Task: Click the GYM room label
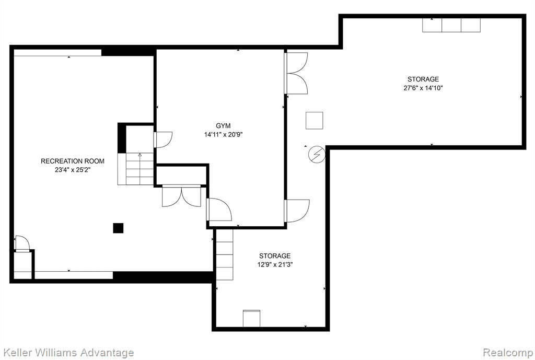(x=223, y=126)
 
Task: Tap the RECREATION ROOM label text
(x=73, y=161)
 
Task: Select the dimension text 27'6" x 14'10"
(x=423, y=88)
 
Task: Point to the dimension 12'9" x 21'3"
(x=275, y=264)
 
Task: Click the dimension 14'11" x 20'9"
(x=223, y=135)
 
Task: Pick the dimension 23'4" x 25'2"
(x=73, y=170)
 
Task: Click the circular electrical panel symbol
(x=317, y=155)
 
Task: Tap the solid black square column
(x=118, y=228)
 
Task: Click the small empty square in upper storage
(x=314, y=121)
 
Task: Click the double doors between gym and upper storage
(x=296, y=73)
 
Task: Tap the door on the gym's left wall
(x=163, y=140)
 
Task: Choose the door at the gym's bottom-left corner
(x=219, y=210)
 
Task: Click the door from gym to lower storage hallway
(x=297, y=211)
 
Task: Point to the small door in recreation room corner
(x=22, y=243)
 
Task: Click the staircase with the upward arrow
(x=136, y=169)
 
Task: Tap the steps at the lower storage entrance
(x=225, y=254)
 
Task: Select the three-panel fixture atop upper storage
(x=451, y=25)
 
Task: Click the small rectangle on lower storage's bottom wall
(x=251, y=318)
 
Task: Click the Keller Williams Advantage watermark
(x=68, y=353)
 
